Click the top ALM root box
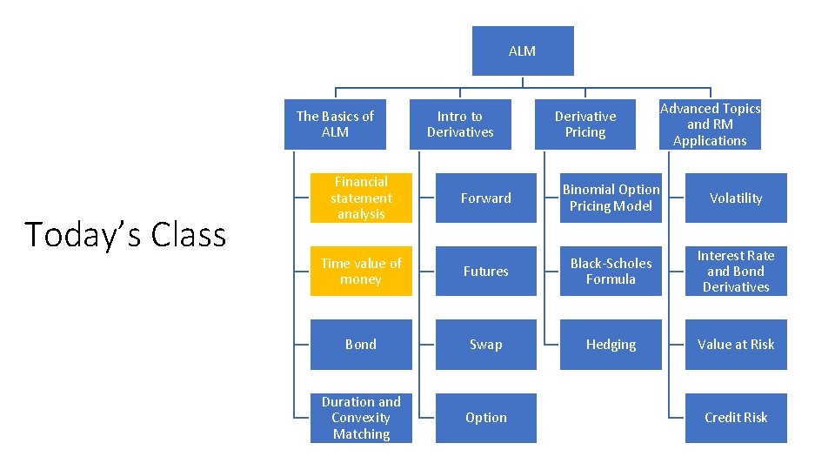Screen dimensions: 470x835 pyautogui.click(x=522, y=51)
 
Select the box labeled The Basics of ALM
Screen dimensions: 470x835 pyautogui.click(x=335, y=124)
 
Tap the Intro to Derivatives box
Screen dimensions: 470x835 pyautogui.click(x=460, y=124)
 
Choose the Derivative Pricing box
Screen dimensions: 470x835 pyautogui.click(x=585, y=124)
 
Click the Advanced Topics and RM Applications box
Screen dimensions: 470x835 pyautogui.click(x=710, y=124)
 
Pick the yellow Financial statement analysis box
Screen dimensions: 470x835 pyautogui.click(x=361, y=198)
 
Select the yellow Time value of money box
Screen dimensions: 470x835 pyautogui.click(x=361, y=272)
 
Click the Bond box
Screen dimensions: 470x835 pyautogui.click(x=361, y=345)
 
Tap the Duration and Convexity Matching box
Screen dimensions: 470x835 pyautogui.click(x=361, y=418)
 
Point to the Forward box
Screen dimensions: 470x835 pyautogui.click(x=485, y=198)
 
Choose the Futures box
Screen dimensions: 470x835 pyautogui.click(x=485, y=272)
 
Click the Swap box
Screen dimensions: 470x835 pyautogui.click(x=485, y=345)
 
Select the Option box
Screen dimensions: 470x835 pyautogui.click(x=485, y=418)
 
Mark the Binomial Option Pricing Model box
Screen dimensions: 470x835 pyautogui.click(x=611, y=198)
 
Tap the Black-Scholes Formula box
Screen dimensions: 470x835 pyautogui.click(x=611, y=272)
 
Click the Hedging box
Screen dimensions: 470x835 pyautogui.click(x=611, y=345)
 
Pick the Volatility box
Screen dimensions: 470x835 pyautogui.click(x=736, y=198)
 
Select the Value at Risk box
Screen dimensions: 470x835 pyautogui.click(x=736, y=345)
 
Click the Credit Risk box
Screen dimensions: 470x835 pyautogui.click(x=736, y=418)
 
